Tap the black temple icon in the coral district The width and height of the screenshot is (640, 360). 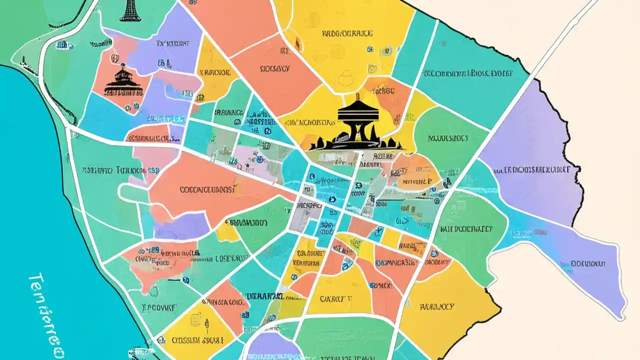[122, 82]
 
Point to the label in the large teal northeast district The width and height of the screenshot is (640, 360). [467, 73]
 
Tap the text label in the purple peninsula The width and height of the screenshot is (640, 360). [587, 262]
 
